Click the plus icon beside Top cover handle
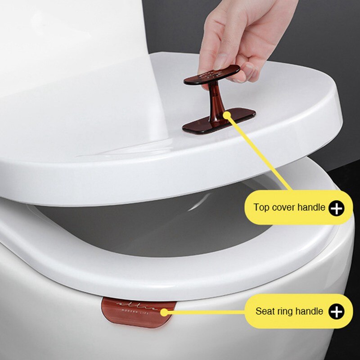point(336,208)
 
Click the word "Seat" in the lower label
point(265,311)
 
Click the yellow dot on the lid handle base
point(227,116)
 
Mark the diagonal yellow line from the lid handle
point(261,153)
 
